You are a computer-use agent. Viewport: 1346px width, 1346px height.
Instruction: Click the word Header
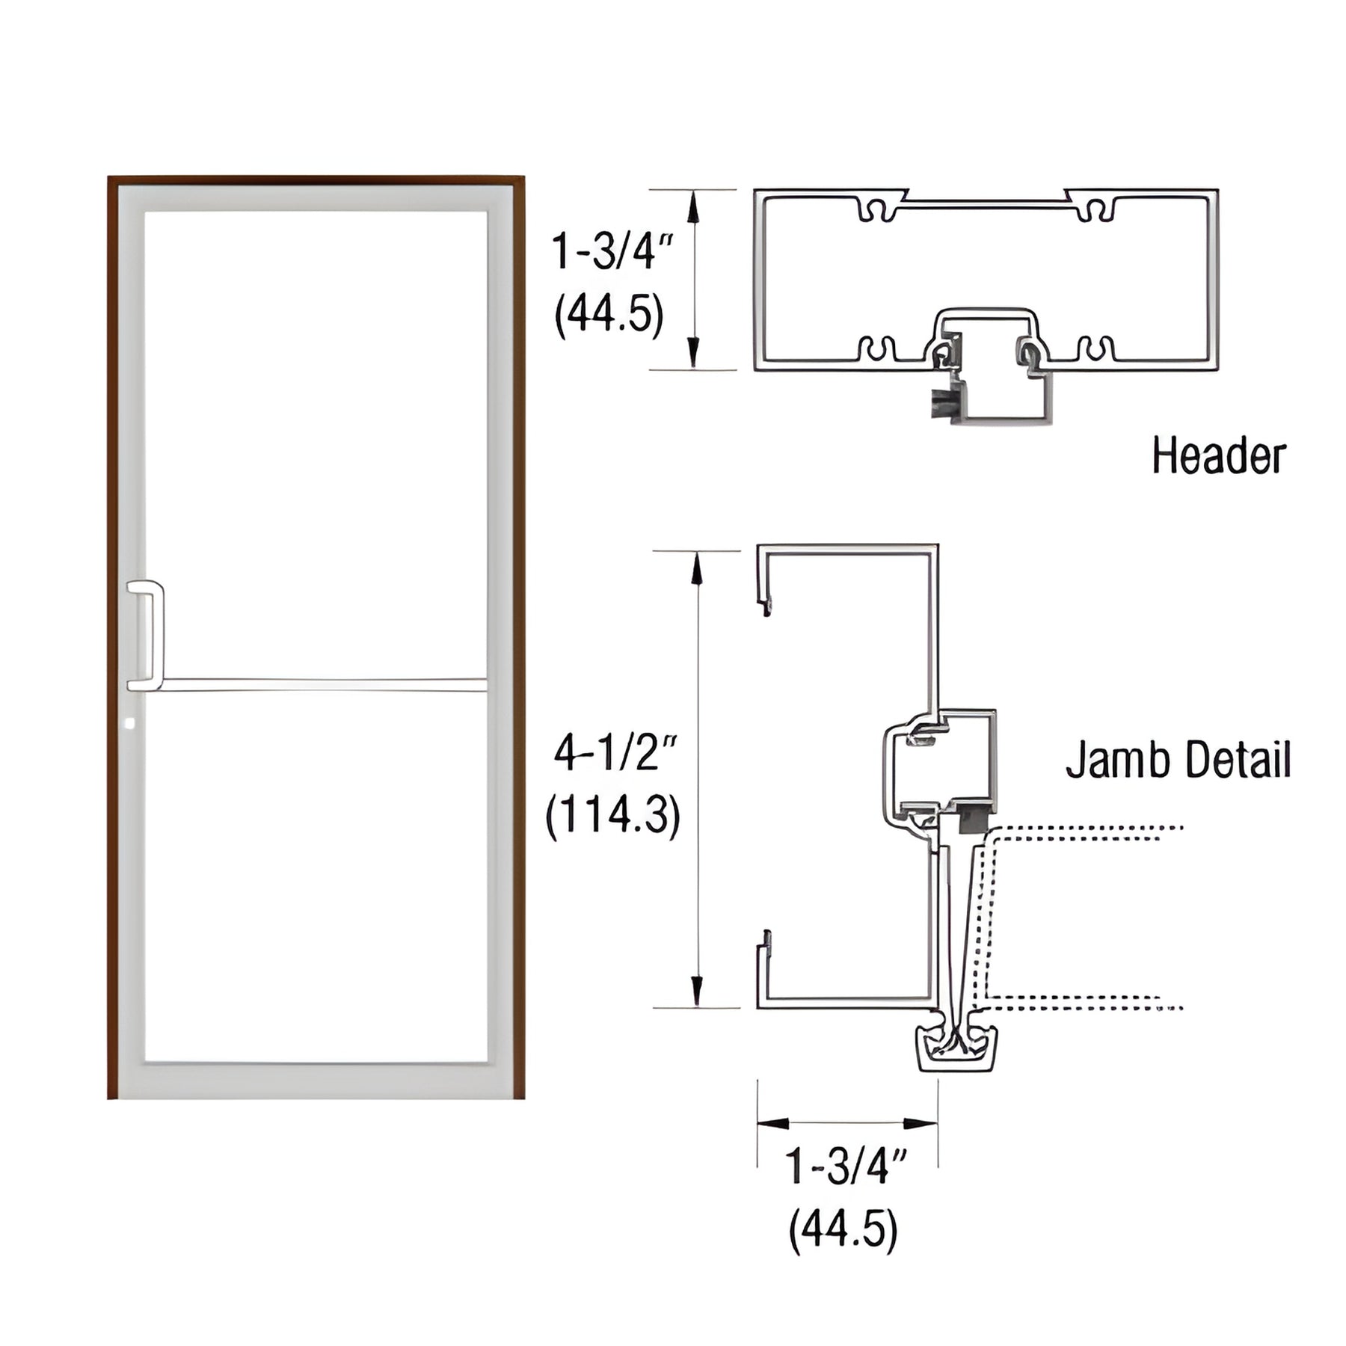(x=1218, y=456)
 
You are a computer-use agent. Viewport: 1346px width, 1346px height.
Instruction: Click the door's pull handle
(x=147, y=635)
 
